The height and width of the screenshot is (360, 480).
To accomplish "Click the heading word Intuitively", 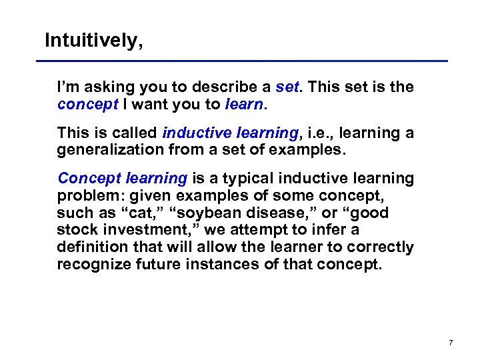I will tap(93, 41).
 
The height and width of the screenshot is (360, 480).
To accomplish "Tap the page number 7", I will tap(451, 343).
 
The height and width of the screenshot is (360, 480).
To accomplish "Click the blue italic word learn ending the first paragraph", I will tap(243, 104).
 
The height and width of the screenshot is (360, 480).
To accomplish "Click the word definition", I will tap(89, 248).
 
